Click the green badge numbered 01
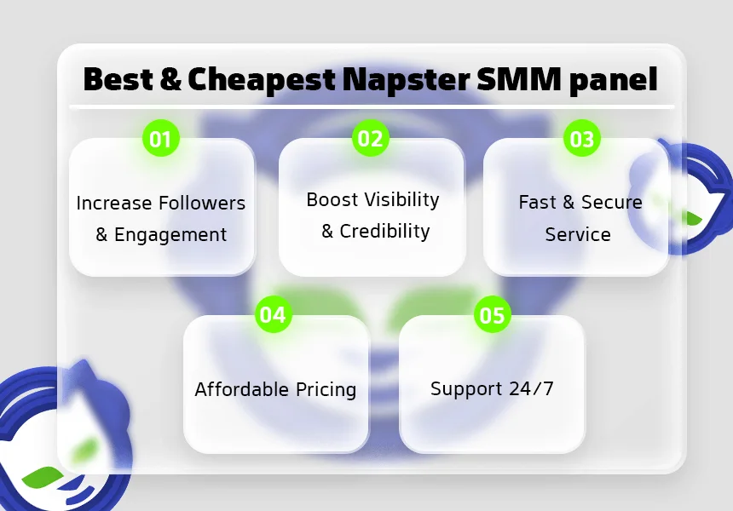tap(161, 139)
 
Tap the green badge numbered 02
tap(371, 138)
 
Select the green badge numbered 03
tap(582, 139)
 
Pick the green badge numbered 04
tap(273, 315)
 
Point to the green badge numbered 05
tap(492, 316)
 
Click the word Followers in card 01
tap(201, 204)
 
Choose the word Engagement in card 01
tap(170, 235)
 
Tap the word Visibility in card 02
tap(401, 200)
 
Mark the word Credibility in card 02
tap(385, 232)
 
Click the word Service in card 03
tap(578, 234)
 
